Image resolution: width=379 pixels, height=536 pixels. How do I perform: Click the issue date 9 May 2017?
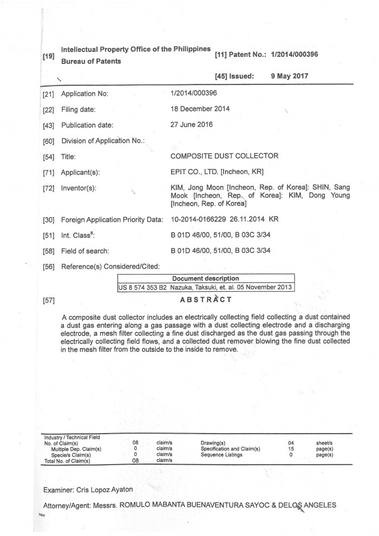(289, 76)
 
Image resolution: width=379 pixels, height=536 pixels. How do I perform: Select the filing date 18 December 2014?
(200, 109)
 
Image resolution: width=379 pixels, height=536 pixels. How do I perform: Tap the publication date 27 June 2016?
(192, 125)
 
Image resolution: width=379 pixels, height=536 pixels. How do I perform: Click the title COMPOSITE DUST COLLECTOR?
(224, 156)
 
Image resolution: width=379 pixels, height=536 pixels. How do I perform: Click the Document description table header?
(205, 278)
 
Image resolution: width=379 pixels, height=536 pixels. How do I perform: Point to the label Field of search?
(86, 251)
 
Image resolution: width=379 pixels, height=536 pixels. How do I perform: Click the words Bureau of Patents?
(91, 61)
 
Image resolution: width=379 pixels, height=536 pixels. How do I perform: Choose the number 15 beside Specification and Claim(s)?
(291, 449)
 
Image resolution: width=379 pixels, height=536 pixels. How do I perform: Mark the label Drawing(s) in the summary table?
(213, 443)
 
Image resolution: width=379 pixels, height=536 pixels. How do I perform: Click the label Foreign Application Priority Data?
(113, 220)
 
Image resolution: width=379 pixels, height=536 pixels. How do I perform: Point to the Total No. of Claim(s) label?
(68, 461)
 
